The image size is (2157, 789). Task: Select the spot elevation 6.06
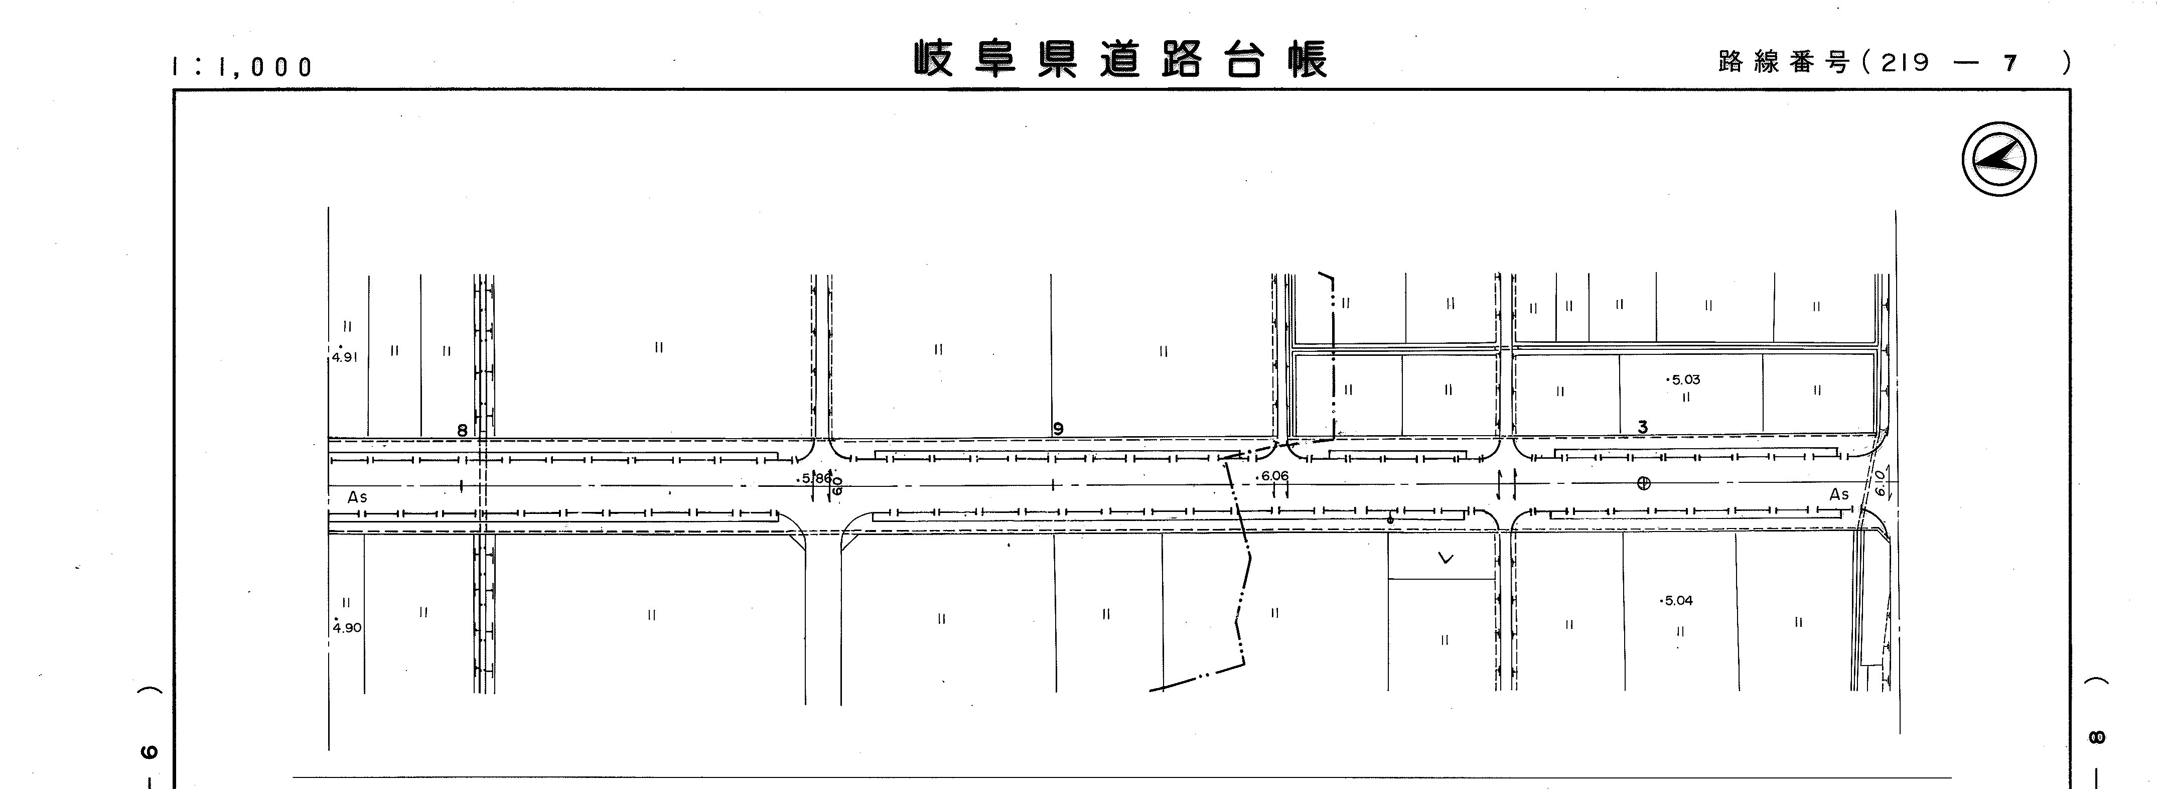pos(1273,476)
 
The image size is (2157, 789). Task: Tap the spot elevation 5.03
pos(1684,379)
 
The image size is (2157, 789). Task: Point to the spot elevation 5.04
pos(1678,601)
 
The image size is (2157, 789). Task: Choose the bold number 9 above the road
pos(1058,429)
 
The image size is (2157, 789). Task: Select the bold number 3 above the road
pos(1642,427)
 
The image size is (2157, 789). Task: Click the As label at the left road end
pos(358,497)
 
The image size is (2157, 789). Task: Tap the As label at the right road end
pos(1839,495)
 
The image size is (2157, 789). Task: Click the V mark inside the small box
pos(1445,558)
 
